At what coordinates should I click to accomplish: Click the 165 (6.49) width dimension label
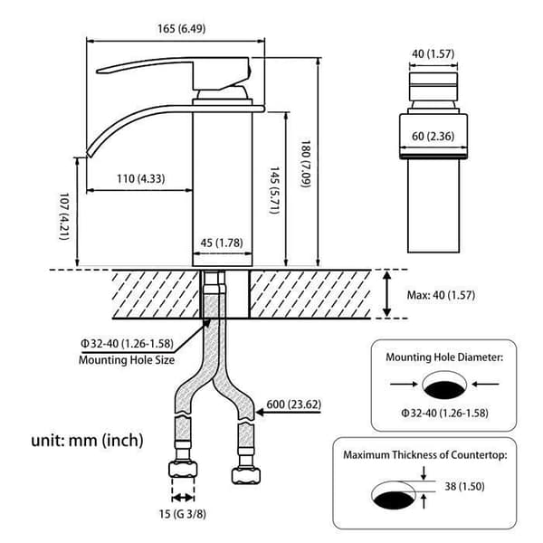point(182,29)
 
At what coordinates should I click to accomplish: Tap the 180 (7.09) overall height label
point(305,164)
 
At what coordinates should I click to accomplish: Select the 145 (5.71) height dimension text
point(274,190)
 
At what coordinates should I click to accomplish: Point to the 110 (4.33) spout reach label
point(140,178)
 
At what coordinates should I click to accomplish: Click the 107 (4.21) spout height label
point(64,216)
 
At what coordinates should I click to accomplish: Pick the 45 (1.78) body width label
point(222,243)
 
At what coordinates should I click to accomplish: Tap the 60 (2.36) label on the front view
point(433,136)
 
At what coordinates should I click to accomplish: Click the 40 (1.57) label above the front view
point(433,54)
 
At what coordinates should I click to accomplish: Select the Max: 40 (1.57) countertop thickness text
point(441,295)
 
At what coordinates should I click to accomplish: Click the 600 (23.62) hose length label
point(293,405)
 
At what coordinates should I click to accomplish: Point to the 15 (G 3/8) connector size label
point(183,514)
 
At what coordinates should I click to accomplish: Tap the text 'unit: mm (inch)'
point(87,441)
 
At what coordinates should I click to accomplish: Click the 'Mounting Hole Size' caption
point(127,360)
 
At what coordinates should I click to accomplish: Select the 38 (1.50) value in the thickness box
point(464,486)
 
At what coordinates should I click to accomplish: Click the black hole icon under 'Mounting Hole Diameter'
point(444,388)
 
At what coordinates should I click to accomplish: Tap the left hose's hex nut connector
point(183,469)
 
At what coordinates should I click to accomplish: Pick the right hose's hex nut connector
point(246,475)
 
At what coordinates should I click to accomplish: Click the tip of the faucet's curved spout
point(89,154)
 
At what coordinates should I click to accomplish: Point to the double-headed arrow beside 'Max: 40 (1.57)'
point(386,294)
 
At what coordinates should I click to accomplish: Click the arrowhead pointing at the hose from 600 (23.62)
point(260,413)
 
